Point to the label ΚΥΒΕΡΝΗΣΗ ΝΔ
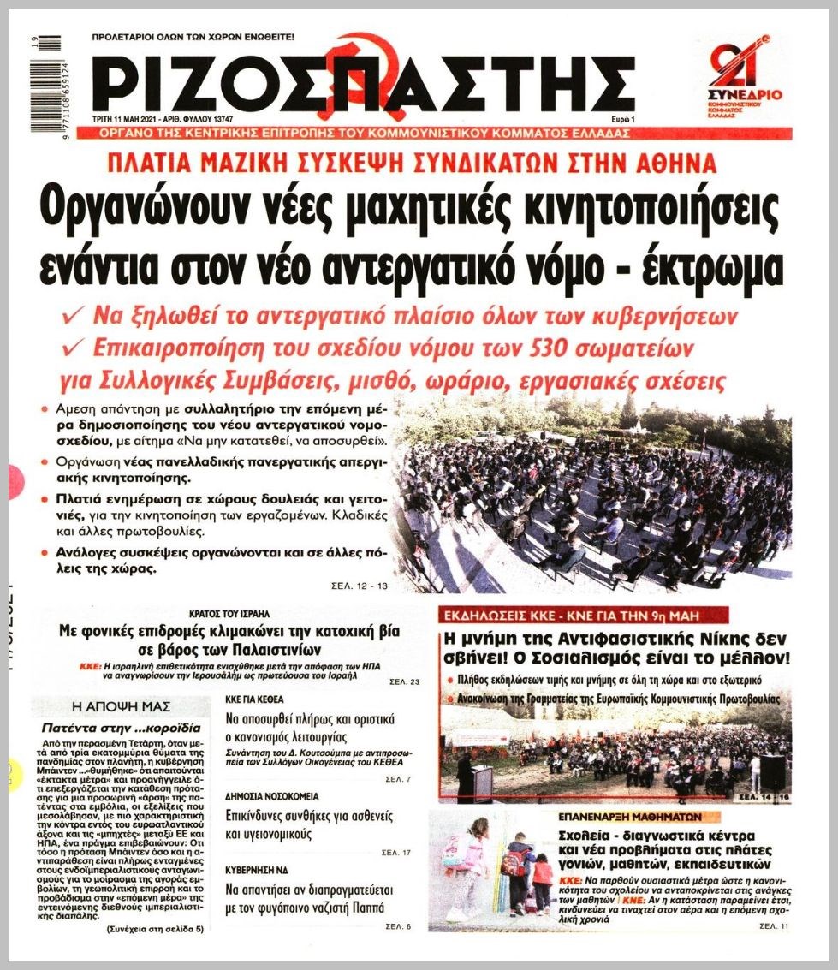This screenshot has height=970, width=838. tap(254, 868)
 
